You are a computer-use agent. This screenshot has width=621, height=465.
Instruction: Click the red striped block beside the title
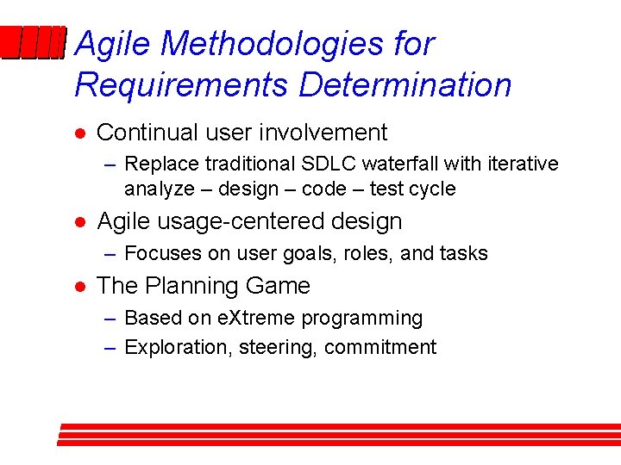(33, 43)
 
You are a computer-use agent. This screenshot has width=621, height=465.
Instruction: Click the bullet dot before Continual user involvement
(78, 133)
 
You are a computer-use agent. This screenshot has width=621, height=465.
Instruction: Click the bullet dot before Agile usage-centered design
(78, 222)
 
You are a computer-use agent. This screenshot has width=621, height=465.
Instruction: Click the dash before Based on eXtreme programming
(110, 319)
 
